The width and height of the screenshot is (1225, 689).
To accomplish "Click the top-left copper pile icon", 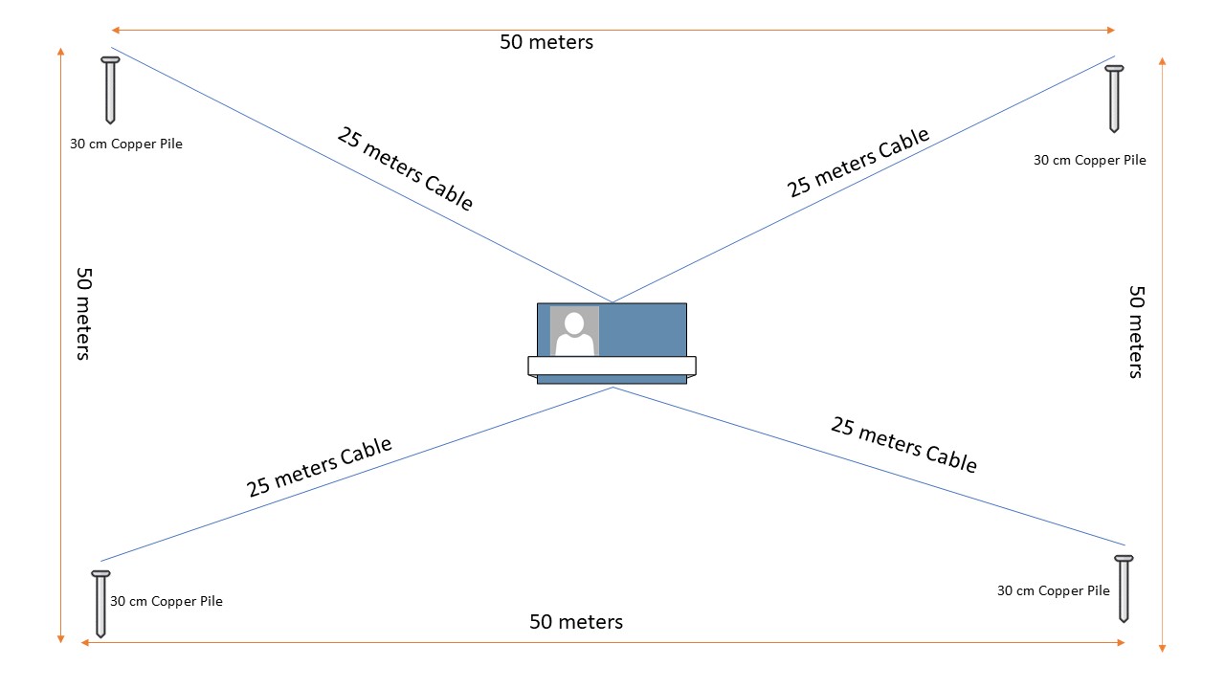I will point(110,89).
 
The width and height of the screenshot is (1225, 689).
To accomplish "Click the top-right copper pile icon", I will point(1114,98).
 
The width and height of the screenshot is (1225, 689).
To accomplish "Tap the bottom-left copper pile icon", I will point(100,603).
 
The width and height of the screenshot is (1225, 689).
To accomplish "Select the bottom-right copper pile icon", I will point(1124,588).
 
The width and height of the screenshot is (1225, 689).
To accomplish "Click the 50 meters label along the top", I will point(546,42).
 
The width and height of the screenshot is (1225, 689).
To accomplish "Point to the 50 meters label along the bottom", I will point(576,622).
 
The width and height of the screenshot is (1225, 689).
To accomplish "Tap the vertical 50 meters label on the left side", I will point(83,313).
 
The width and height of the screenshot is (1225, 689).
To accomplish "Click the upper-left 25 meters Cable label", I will point(405,167).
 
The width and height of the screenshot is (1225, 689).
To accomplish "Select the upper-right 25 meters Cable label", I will point(858,162).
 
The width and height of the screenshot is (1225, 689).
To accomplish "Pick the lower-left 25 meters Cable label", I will point(319,467).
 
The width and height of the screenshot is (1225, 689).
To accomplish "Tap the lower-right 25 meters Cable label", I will point(903,444).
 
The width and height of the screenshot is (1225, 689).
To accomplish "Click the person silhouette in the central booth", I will point(574,332).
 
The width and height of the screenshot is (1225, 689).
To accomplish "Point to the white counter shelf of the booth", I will point(612,366).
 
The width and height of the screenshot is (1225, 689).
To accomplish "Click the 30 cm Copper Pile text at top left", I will point(126,144).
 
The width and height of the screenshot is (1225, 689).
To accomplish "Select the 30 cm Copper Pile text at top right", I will point(1089,160).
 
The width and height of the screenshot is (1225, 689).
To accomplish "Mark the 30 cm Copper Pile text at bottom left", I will point(167,602).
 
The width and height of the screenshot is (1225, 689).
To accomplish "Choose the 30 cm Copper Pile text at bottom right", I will point(1053,590).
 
